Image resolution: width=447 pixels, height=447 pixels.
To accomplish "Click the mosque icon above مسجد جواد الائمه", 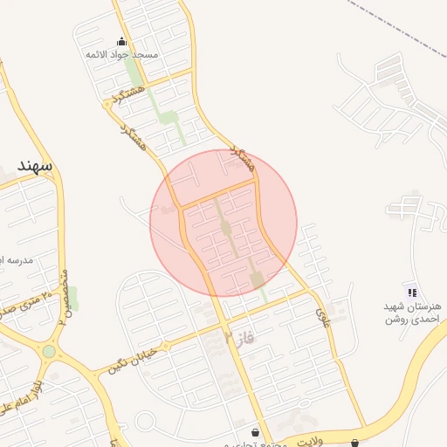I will click(120, 41).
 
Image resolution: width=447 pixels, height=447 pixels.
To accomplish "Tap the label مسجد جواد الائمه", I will click(121, 55).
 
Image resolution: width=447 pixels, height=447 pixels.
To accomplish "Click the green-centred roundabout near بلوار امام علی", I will click(49, 352).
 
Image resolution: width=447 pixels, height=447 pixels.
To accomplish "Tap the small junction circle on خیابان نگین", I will click(166, 346).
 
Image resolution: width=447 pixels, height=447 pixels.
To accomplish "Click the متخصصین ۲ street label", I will click(63, 297).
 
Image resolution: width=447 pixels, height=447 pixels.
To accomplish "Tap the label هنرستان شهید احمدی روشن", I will click(413, 313).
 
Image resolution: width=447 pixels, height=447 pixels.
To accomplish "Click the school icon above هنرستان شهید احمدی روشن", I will click(412, 291).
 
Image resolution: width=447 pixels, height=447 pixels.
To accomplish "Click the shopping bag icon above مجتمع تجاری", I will click(255, 432).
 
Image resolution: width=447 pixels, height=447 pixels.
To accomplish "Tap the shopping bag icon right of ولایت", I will click(354, 441).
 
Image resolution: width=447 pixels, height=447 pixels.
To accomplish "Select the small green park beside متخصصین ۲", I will click(72, 299).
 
